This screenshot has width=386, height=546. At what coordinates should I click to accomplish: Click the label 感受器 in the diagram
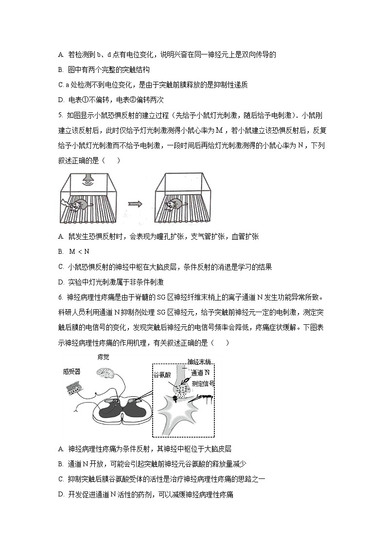tap(71, 371)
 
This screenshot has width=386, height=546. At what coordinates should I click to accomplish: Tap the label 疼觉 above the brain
tap(103, 357)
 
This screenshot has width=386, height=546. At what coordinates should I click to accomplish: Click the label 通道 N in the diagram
tap(200, 373)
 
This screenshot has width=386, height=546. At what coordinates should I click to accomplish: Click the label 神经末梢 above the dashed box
tap(199, 362)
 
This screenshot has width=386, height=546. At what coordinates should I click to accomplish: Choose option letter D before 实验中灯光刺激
tap(61, 282)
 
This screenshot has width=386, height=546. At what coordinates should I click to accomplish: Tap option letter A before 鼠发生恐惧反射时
tap(61, 236)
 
